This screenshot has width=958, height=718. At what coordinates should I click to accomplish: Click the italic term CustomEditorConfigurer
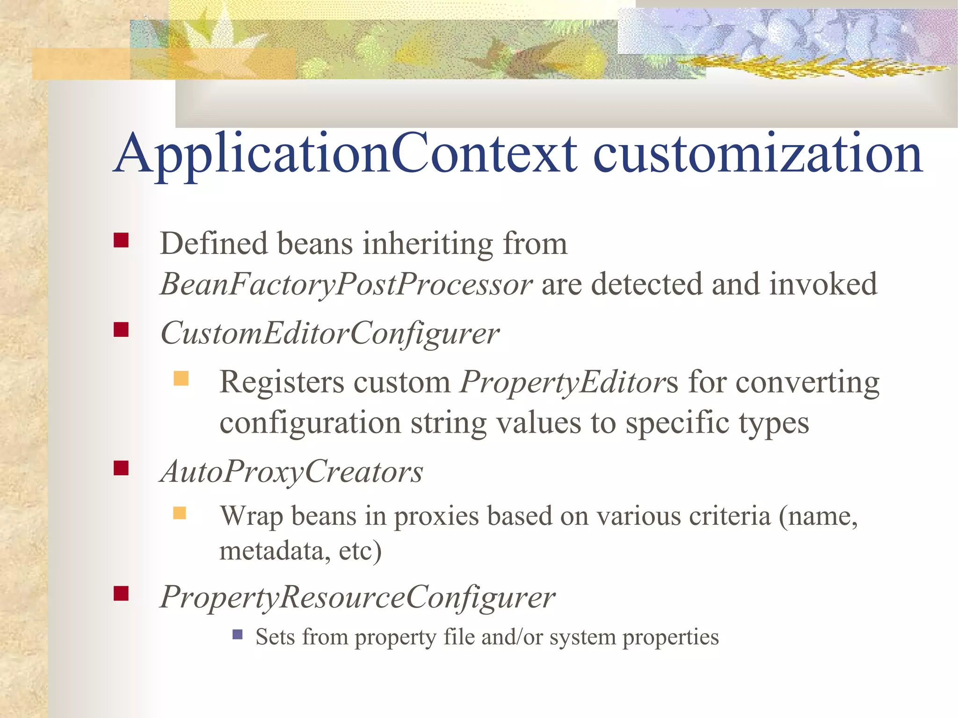[329, 334]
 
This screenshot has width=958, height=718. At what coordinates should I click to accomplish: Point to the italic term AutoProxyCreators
[291, 471]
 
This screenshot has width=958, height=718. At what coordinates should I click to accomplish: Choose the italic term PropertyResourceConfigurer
[357, 598]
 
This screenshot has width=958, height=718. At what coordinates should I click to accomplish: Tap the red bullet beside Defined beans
[121, 240]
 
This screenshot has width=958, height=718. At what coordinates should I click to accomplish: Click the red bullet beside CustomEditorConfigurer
[121, 330]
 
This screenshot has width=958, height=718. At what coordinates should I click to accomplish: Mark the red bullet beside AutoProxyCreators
[121, 468]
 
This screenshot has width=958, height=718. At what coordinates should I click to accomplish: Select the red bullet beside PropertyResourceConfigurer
[121, 594]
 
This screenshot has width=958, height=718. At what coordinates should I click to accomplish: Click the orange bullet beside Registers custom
[181, 378]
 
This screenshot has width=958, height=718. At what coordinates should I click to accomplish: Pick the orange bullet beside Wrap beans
[180, 513]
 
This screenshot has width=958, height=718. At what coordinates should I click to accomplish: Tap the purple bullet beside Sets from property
[238, 634]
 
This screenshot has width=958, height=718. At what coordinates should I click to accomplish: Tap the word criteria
[729, 516]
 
